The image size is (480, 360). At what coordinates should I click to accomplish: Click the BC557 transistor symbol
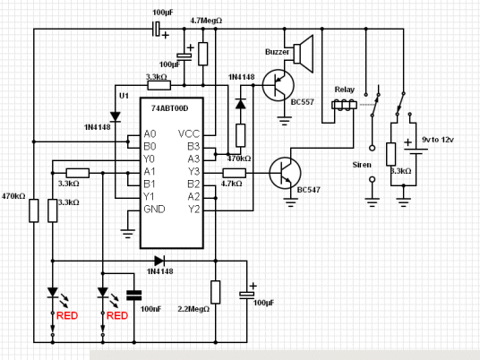tap(278, 85)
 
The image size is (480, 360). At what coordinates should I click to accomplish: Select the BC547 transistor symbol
tap(285, 173)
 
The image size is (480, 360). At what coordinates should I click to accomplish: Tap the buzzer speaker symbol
tap(304, 54)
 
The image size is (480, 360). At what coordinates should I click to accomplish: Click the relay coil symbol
tap(344, 105)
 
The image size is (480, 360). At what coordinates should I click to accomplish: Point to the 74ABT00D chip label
tap(169, 108)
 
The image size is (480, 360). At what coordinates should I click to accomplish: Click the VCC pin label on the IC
tap(189, 133)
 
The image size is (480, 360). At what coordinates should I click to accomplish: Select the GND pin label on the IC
tap(154, 209)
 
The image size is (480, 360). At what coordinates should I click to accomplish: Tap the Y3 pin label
tap(193, 171)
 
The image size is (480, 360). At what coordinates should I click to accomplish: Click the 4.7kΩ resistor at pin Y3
tap(235, 173)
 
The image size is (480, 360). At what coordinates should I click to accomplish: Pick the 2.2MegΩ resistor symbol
tap(216, 292)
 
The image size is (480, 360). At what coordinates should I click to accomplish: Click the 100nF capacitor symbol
tap(134, 296)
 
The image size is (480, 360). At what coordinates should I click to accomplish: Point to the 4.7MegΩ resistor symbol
tap(203, 54)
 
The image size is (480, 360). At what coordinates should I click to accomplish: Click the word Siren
tap(362, 165)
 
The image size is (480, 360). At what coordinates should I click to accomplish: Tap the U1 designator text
tap(124, 96)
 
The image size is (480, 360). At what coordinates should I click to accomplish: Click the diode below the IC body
tap(159, 261)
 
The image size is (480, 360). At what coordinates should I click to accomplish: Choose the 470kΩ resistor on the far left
tap(34, 210)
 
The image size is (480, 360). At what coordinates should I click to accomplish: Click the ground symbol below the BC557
tap(285, 121)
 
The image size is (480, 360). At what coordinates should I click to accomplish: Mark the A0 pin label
tap(150, 133)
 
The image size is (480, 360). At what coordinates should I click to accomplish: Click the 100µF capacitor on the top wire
tap(157, 29)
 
